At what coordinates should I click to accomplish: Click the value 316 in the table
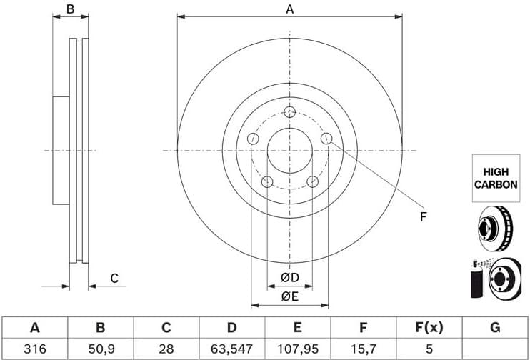coord(34,349)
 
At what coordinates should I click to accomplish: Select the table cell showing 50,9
coord(100,349)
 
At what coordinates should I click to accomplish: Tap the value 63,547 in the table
coord(231,349)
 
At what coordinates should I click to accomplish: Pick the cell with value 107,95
coord(296,349)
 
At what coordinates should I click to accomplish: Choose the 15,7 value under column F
coord(363,349)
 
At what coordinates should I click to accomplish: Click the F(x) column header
coord(429,328)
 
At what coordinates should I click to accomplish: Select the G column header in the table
coord(494,328)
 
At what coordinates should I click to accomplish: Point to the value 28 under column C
coord(166,349)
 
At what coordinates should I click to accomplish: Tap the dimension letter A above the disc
coord(289,9)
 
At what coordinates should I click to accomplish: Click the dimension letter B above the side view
coord(70,9)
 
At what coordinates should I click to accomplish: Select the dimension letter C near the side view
coord(113,279)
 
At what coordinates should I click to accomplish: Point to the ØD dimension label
coord(289,277)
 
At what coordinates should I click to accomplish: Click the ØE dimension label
coord(289,296)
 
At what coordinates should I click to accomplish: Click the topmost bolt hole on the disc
coord(289,112)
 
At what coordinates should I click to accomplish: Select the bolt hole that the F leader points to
coord(326,139)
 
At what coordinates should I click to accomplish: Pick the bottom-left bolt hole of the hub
coord(266,181)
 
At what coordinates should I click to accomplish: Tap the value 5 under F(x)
coord(429,349)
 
